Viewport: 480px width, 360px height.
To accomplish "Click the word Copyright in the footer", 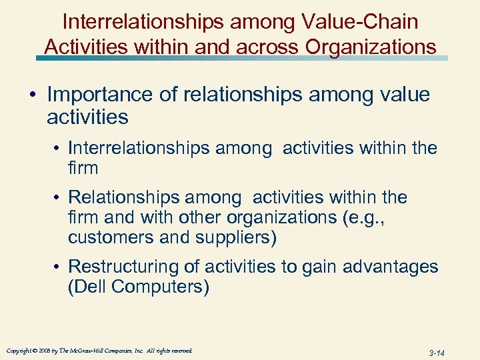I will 19,351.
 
